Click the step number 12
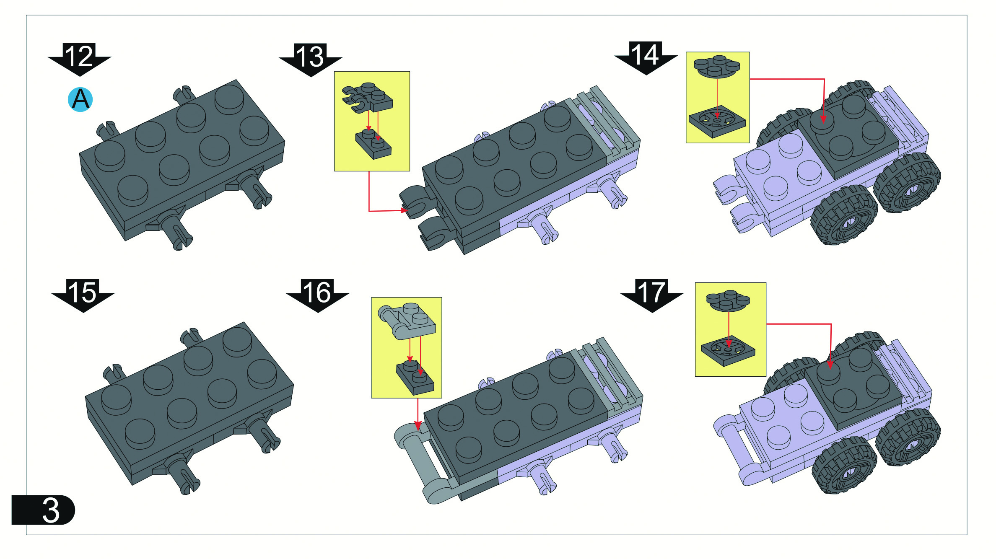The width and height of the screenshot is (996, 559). click(x=79, y=56)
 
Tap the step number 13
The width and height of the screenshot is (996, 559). click(x=310, y=57)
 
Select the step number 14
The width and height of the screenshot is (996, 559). click(x=646, y=54)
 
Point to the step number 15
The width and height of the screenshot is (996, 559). click(x=83, y=292)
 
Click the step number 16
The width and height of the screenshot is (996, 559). click(x=317, y=292)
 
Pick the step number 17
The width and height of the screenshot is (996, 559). click(x=652, y=292)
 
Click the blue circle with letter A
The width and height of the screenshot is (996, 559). click(x=80, y=99)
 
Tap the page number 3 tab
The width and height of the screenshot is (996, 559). click(x=43, y=510)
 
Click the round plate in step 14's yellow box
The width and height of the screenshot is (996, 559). click(x=717, y=66)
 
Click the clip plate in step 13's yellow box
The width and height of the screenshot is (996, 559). click(x=367, y=98)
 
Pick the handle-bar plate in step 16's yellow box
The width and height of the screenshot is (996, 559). click(x=407, y=321)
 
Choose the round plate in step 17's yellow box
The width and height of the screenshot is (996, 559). click(x=728, y=300)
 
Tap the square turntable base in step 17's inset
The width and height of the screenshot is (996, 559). click(x=728, y=352)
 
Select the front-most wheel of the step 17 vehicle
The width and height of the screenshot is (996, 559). click(x=844, y=465)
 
